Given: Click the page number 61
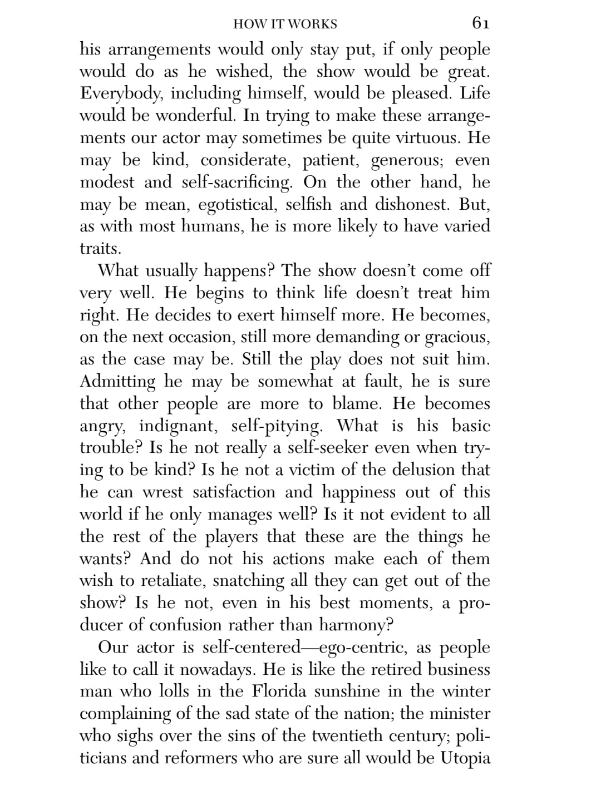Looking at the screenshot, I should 480,23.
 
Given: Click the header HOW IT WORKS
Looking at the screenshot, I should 285,24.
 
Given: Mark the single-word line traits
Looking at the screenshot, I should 100,249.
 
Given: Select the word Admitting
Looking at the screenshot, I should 118,382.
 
